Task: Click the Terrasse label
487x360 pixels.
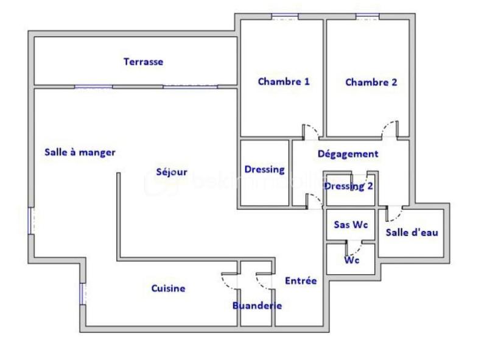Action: [143, 62]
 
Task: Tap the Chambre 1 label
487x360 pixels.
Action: [284, 82]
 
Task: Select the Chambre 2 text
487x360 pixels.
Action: [371, 82]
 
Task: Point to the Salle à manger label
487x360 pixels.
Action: [80, 152]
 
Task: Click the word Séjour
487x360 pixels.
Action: [172, 172]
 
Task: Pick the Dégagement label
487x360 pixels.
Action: [348, 154]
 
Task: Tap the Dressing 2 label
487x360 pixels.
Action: [348, 186]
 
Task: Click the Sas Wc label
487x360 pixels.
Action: [351, 224]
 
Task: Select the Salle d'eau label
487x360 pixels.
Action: [412, 232]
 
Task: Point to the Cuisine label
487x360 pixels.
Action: [168, 289]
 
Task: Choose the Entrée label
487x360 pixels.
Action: [301, 281]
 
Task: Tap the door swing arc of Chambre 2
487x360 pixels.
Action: [388, 127]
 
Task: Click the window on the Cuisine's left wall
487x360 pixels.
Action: [82, 294]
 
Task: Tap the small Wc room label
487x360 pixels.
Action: [351, 260]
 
